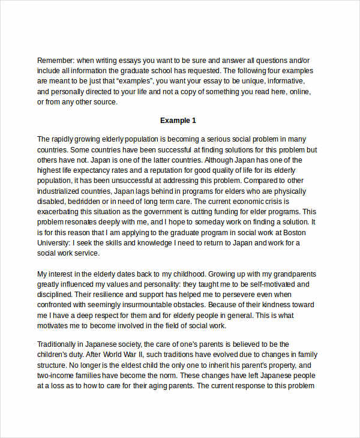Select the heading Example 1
(x=178, y=121)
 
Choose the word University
(x=55, y=242)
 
